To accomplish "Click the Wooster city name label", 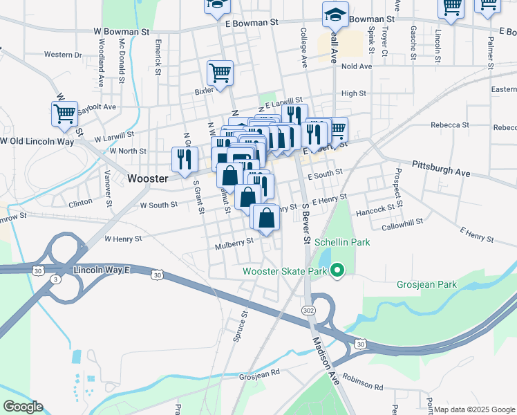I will (x=148, y=178).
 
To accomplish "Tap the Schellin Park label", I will (x=342, y=242).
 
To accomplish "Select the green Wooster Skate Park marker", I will (x=337, y=270).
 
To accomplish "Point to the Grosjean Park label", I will (x=426, y=284).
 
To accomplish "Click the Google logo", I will (x=23, y=407).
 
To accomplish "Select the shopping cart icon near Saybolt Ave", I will (x=65, y=114).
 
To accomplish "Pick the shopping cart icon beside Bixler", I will (x=220, y=74).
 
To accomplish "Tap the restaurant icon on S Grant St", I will (x=184, y=160).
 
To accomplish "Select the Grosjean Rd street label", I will (x=258, y=371).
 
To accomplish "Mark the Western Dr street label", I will (x=62, y=54).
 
